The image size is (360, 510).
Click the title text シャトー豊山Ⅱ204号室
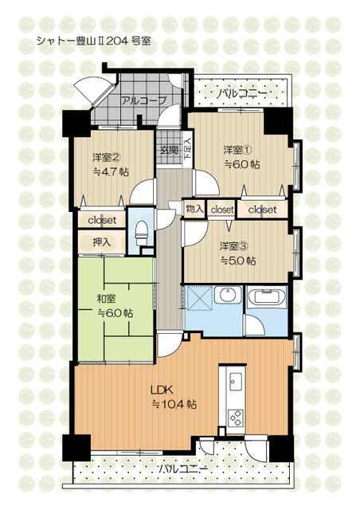point(94,41)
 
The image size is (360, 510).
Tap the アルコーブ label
point(143,100)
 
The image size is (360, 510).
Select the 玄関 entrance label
point(169,150)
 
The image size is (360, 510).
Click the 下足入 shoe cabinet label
point(188,148)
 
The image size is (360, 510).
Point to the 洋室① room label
point(237,150)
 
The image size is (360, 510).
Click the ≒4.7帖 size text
point(111,172)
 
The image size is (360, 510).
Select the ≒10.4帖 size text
point(174,404)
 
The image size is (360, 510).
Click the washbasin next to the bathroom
point(228,296)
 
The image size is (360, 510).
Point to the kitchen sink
point(236,381)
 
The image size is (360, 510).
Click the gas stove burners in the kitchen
point(235,418)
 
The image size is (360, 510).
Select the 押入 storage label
point(102,242)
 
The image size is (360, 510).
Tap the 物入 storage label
point(194,209)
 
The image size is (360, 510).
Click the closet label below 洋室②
point(102,220)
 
